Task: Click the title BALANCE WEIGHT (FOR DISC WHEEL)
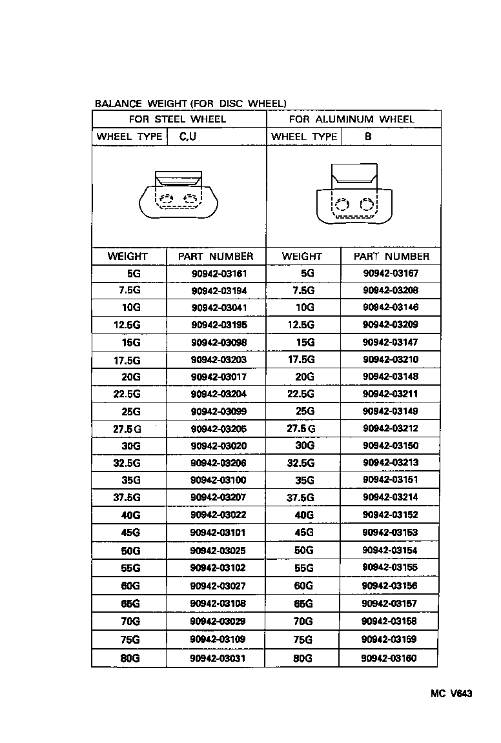[x=190, y=103]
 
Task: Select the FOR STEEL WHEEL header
[x=178, y=119]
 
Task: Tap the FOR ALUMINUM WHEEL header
[x=352, y=119]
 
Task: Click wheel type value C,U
[x=188, y=137]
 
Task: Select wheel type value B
[x=368, y=137]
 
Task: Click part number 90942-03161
[x=219, y=273]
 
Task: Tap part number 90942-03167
[x=391, y=273]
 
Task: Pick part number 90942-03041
[x=219, y=308]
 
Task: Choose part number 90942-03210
[x=391, y=359]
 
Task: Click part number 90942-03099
[x=219, y=411]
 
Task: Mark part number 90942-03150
[x=391, y=446]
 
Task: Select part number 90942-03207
[x=219, y=498]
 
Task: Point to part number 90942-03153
[x=391, y=532]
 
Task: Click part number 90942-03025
[x=219, y=551]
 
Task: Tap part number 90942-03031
[x=219, y=659]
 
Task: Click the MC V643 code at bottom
[x=452, y=694]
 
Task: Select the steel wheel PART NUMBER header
[x=216, y=256]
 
